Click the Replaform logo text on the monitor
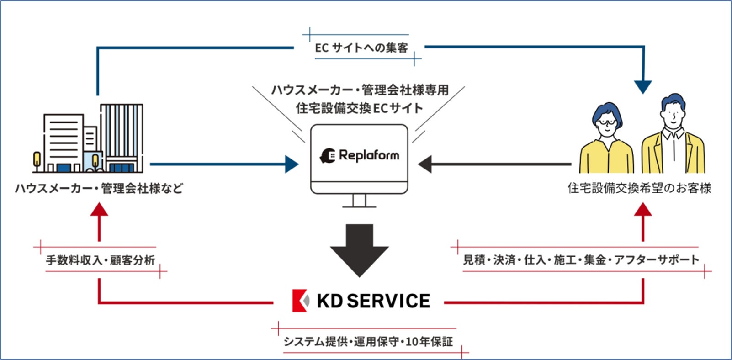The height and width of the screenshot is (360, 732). coord(369,155)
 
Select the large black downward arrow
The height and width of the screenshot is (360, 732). coord(359,250)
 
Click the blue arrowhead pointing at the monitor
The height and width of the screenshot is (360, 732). coord(292,164)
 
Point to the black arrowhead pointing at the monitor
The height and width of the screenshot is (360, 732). coord(425,164)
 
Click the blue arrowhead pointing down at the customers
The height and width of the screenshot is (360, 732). coord(643,87)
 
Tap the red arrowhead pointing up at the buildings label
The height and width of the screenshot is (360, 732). coord(99,209)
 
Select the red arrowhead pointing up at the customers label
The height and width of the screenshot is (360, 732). coord(643,209)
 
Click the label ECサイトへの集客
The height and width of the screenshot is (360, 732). coord(361,48)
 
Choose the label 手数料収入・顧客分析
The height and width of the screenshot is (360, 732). coord(101,260)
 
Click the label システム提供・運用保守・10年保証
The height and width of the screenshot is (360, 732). coord(368,341)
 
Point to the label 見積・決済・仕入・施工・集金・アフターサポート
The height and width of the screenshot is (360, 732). coord(581,259)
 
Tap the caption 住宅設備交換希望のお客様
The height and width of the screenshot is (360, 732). coord(639,188)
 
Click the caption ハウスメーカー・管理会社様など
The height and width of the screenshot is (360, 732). coord(99,188)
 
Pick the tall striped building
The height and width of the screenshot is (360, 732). coord(122,138)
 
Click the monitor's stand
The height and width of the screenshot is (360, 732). coord(359,201)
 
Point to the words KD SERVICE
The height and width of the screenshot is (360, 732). coord(373,301)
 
